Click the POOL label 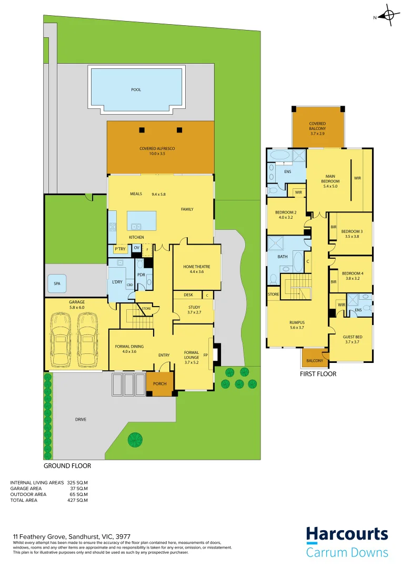click(x=136, y=90)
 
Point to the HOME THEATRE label click(x=193, y=267)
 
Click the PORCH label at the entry click(x=159, y=384)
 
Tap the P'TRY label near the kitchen click(x=120, y=249)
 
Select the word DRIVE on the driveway click(x=80, y=419)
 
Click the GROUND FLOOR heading click(x=67, y=466)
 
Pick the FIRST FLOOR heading click(x=318, y=374)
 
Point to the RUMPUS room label click(x=297, y=322)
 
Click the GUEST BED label click(x=352, y=337)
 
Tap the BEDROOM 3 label click(x=351, y=231)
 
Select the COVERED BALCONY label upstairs click(x=317, y=126)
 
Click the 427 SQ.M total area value click(x=77, y=500)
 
